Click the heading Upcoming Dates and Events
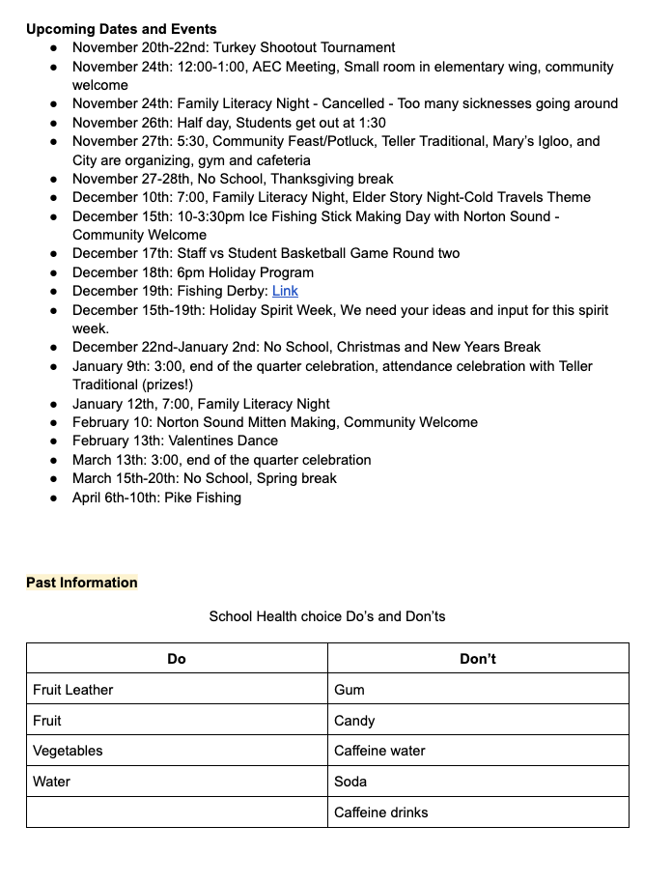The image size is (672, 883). point(122,29)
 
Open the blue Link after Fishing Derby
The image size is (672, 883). point(285,291)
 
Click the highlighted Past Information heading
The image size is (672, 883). point(82,583)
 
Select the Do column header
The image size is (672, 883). point(177,659)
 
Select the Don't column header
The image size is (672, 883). point(478,659)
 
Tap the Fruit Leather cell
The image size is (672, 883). point(73,690)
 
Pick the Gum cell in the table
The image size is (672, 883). point(350,690)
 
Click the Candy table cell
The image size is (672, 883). point(354,721)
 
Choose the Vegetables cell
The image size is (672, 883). point(68,751)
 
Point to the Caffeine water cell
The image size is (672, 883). point(379,751)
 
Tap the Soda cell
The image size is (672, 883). point(350,782)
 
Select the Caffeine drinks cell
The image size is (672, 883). point(380,812)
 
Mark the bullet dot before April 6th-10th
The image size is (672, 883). point(54,498)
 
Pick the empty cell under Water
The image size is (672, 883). point(177,812)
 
